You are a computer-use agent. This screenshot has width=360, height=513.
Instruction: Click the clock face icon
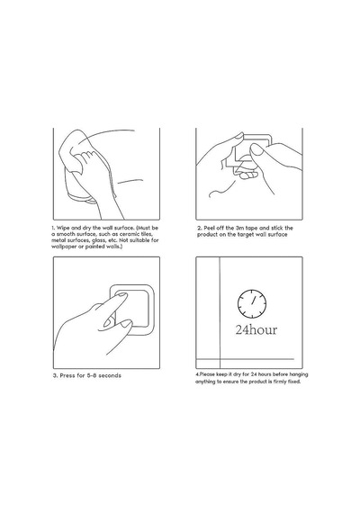(252, 303)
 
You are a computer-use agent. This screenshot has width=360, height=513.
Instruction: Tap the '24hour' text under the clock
(256, 329)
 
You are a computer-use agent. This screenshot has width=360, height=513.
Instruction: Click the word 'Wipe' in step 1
(63, 228)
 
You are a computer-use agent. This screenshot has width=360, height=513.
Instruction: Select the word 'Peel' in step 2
(210, 228)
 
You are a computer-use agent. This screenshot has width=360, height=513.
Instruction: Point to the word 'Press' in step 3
(67, 375)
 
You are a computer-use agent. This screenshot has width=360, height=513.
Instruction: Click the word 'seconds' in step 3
(110, 375)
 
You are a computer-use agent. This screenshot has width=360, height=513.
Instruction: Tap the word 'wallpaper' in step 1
(64, 247)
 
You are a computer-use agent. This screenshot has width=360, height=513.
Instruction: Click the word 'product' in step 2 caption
(207, 235)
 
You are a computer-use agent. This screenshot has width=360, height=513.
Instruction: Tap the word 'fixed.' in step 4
(293, 382)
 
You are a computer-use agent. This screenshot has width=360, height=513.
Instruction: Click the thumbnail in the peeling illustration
(256, 149)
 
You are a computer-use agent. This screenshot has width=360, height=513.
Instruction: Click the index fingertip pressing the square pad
(121, 295)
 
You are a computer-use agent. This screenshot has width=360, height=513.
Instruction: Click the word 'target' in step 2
(246, 235)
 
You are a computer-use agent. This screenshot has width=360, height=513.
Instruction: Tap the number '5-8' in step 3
(92, 375)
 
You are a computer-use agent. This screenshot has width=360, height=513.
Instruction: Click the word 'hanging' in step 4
(298, 374)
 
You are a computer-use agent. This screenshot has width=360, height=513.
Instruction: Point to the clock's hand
(253, 300)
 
